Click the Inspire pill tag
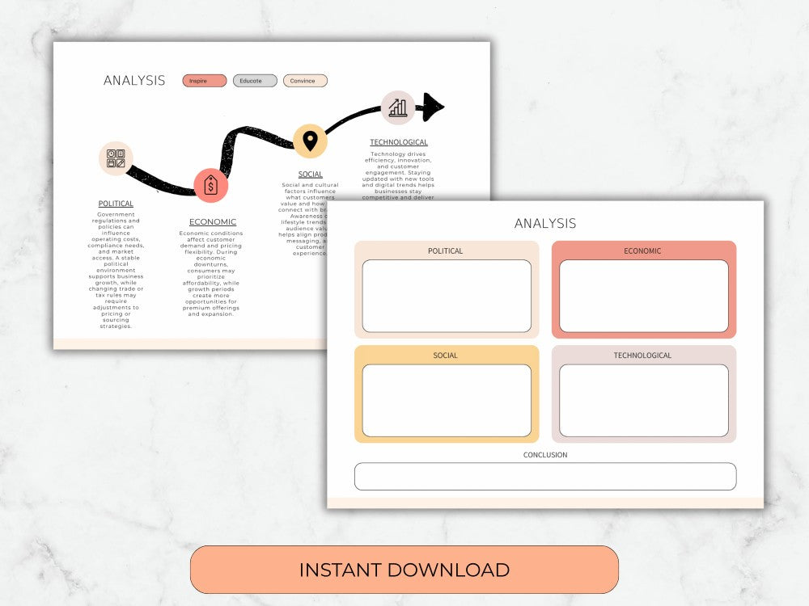[204, 81]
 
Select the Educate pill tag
[255, 81]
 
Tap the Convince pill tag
[305, 81]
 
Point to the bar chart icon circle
[398, 107]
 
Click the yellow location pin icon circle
[310, 141]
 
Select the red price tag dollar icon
[211, 186]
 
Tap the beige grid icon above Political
[116, 158]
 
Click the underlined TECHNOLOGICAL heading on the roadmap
[399, 142]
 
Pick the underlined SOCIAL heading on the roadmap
[310, 175]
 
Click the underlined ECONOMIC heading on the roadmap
[213, 222]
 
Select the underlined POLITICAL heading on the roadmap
[116, 204]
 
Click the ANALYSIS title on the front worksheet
[545, 223]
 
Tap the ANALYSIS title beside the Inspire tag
[134, 81]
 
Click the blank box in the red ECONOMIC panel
[643, 296]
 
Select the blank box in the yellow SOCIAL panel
[447, 400]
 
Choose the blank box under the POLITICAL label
[447, 296]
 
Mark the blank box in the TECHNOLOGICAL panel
[643, 400]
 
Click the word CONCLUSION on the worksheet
[545, 455]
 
